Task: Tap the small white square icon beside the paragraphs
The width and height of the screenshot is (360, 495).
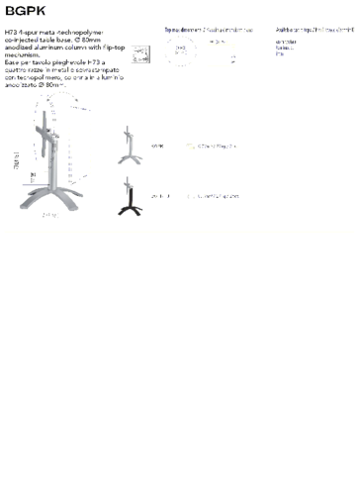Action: pyautogui.click(x=139, y=52)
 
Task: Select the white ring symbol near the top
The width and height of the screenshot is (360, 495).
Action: pyautogui.click(x=180, y=52)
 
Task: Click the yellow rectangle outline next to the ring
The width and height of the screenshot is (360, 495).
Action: pyautogui.click(x=221, y=54)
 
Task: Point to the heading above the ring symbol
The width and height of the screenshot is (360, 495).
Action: pyautogui.click(x=208, y=31)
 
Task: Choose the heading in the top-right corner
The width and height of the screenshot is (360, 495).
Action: pyautogui.click(x=315, y=31)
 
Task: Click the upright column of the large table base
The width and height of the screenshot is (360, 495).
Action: pyautogui.click(x=44, y=148)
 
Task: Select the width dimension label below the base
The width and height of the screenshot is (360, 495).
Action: pyautogui.click(x=49, y=215)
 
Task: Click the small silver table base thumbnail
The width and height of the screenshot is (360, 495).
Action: pyautogui.click(x=128, y=146)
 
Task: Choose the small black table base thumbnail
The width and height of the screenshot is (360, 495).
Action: pyautogui.click(x=129, y=196)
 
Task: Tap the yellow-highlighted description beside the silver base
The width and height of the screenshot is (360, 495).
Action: pyautogui.click(x=213, y=147)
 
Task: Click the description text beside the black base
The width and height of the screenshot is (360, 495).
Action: pyautogui.click(x=213, y=196)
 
